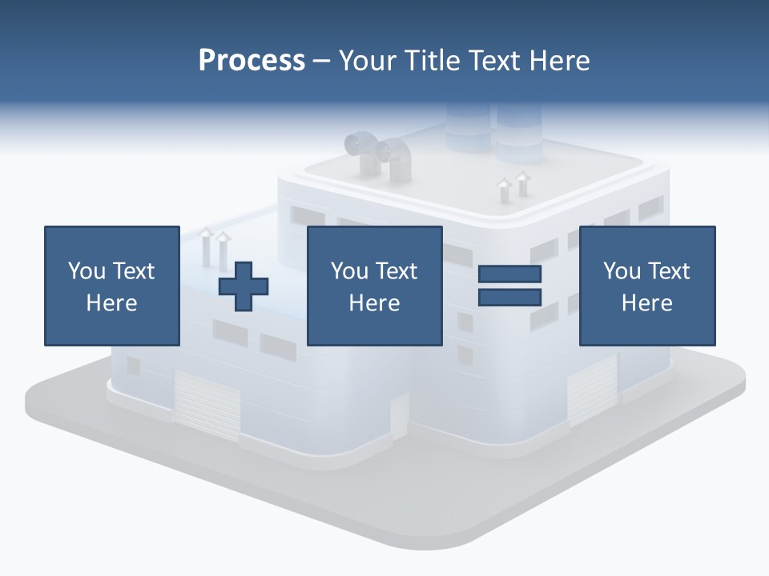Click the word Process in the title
252,61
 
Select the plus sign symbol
244,286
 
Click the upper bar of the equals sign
510,274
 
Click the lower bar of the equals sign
510,297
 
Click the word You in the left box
86,271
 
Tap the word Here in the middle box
374,303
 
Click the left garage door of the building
207,404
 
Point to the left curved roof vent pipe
360,152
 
